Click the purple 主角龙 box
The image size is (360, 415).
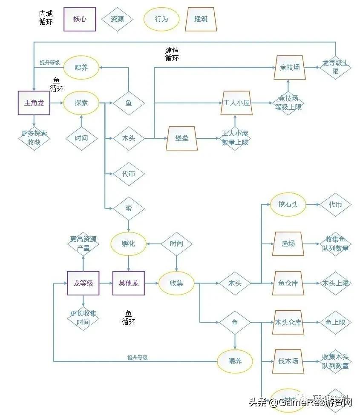tap(34, 103)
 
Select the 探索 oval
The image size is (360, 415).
tap(81, 103)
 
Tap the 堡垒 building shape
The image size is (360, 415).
tap(182, 138)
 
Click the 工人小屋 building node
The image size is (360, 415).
tap(237, 103)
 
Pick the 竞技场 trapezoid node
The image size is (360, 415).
tap(289, 67)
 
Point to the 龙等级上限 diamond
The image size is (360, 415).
tap(335, 67)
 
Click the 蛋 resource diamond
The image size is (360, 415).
tap(129, 208)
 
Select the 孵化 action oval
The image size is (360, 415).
tap(128, 244)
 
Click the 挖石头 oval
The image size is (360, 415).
tap(288, 205)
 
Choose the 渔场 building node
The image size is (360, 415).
tap(288, 244)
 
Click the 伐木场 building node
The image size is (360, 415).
tap(288, 361)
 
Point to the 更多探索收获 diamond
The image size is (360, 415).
tap(34, 138)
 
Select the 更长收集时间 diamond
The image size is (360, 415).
tap(83, 318)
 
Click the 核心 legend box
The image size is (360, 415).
tap(80, 19)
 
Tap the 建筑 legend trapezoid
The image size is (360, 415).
tap(201, 19)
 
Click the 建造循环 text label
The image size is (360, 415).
tap(172, 54)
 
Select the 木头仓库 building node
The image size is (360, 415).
tap(288, 322)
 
